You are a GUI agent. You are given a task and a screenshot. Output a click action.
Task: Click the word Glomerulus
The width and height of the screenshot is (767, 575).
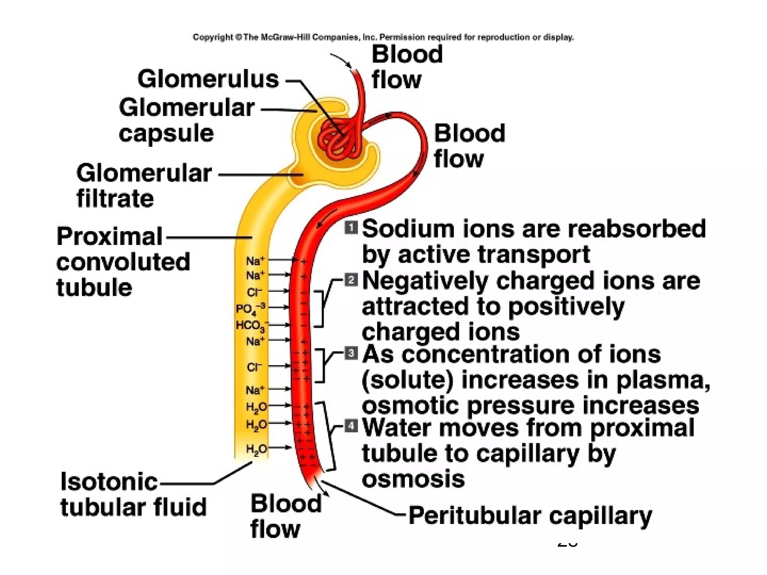click(208, 79)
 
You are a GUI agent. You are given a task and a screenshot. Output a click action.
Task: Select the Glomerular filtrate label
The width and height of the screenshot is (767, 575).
click(144, 185)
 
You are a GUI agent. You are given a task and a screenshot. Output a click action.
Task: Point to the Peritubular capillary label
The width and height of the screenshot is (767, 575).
click(530, 516)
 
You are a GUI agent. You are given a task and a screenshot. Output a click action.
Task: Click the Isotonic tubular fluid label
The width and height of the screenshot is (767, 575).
click(133, 494)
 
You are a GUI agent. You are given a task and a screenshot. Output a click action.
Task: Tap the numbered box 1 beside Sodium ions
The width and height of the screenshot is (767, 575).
click(351, 228)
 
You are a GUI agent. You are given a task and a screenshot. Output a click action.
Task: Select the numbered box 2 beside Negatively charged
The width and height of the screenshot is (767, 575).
click(351, 280)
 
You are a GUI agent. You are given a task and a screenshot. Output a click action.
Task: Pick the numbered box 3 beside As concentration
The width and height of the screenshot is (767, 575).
click(351, 353)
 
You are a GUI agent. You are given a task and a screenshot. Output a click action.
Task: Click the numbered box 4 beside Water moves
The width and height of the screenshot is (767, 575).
click(351, 426)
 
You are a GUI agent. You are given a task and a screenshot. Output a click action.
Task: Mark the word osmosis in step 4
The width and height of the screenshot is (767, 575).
click(413, 479)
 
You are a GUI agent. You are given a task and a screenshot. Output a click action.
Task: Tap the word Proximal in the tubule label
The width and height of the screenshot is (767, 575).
click(109, 237)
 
